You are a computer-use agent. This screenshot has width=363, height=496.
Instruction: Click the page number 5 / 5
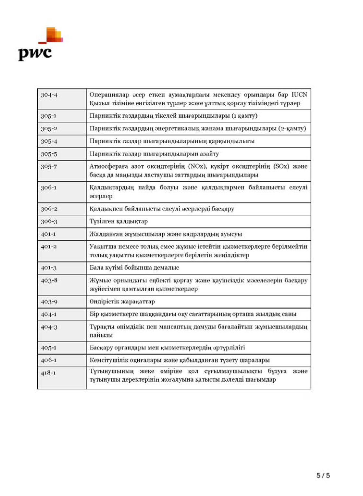tap(323, 476)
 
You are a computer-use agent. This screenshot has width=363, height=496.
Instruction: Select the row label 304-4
tap(49, 95)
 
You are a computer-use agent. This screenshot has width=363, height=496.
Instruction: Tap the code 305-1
tap(49, 116)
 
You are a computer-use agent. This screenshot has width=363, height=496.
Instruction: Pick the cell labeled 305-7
tap(49, 166)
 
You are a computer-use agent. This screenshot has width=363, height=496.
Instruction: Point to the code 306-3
tap(49, 221)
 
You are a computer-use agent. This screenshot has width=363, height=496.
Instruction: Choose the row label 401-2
tap(49, 246)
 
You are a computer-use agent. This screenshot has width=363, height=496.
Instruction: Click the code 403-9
tap(49, 302)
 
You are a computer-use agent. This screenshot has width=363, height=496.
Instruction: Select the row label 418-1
tap(48, 373)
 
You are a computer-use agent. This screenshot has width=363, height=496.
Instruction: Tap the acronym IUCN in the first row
tap(299, 95)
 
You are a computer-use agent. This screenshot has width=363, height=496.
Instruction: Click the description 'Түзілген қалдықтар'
tap(119, 221)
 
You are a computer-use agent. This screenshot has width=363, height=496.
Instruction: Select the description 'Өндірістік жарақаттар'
tap(122, 302)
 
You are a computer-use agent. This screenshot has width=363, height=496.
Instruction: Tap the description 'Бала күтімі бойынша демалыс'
tap(134, 268)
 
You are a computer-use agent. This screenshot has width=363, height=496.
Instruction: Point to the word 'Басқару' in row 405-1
tap(101, 347)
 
